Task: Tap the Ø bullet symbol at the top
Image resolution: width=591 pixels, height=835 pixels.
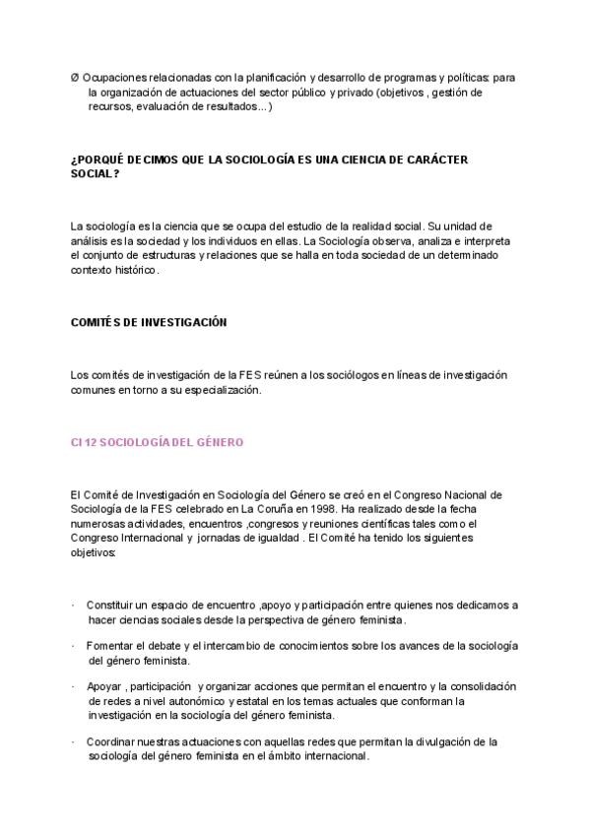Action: click(75, 78)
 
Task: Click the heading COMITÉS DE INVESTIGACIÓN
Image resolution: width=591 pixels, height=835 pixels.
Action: click(149, 322)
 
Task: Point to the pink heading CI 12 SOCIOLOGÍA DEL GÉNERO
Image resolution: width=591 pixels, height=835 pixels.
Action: click(158, 442)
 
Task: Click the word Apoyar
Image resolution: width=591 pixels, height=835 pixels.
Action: click(103, 685)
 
